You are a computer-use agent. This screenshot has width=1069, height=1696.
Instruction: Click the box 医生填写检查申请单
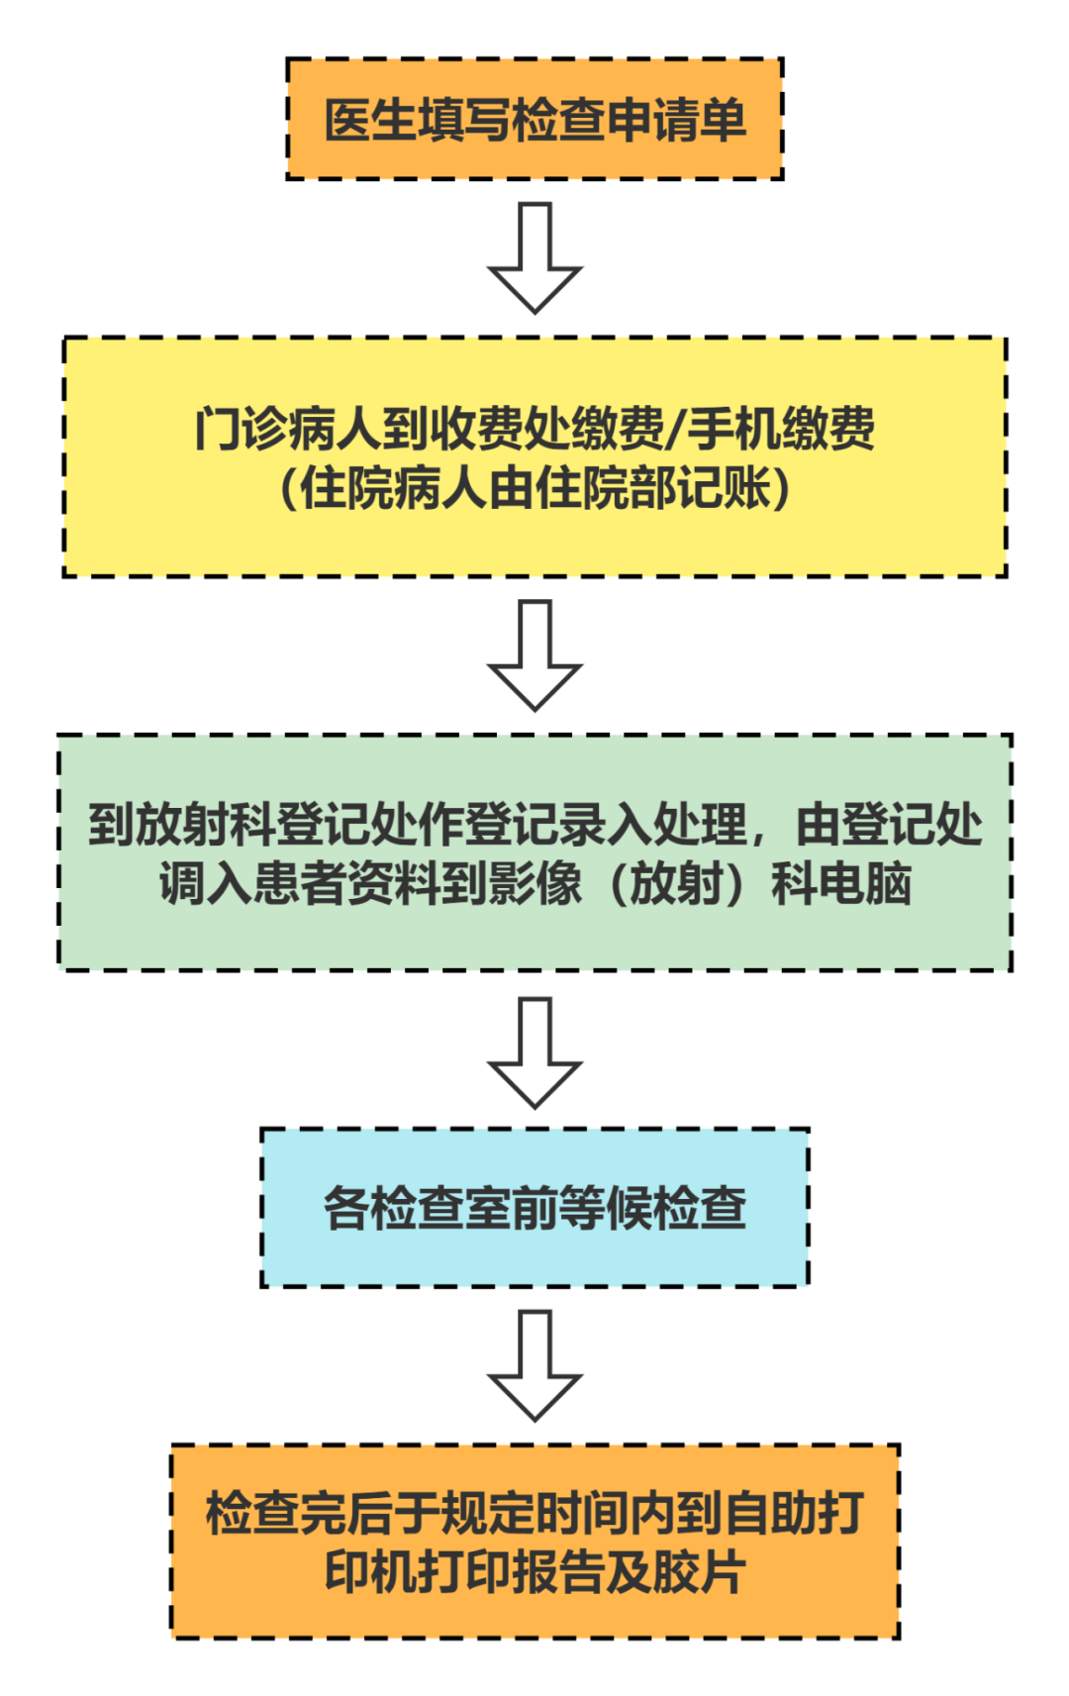coord(534,119)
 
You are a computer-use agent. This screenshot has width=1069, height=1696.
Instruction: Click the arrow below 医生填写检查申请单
coord(534,257)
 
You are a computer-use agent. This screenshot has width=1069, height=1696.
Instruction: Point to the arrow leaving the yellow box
coord(534,655)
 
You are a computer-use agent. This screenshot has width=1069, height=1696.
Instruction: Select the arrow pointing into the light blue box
coord(534,1051)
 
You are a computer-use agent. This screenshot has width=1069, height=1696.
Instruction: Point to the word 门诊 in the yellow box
coord(241,429)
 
